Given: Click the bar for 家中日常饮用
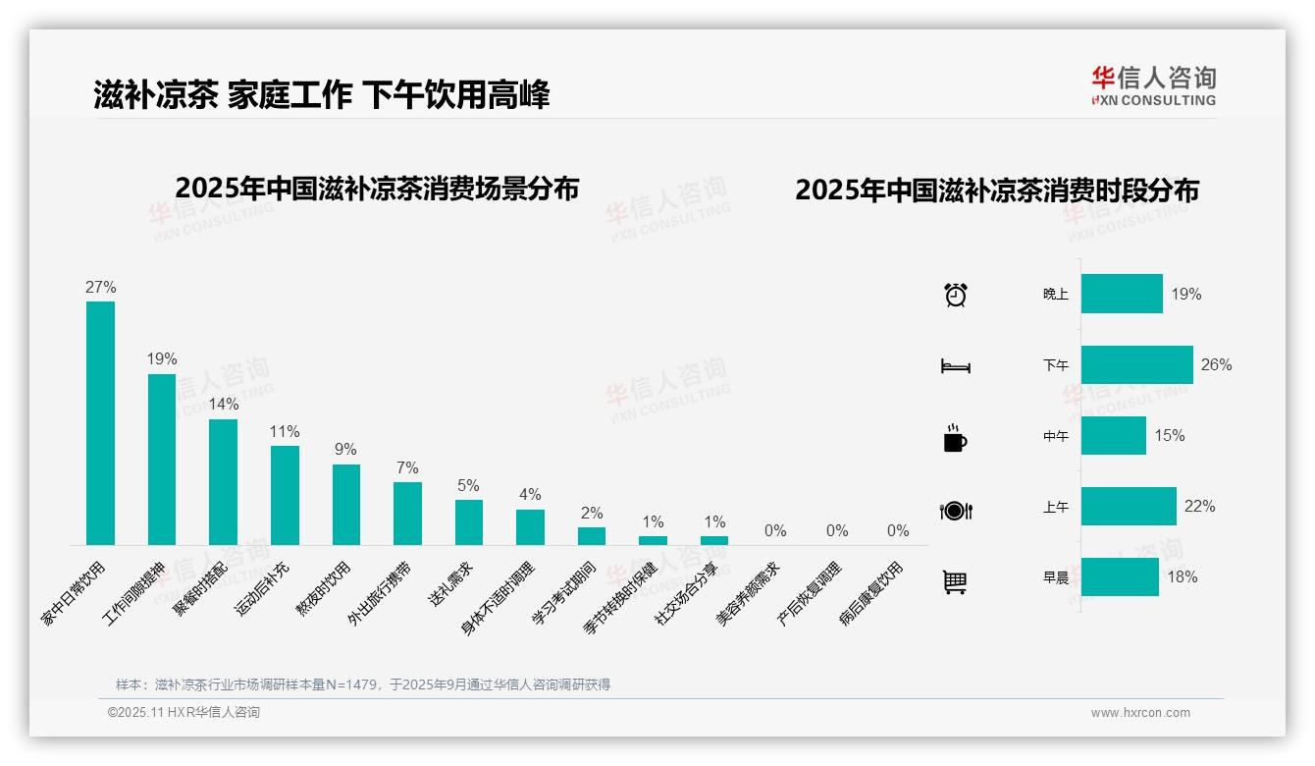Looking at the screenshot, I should click(100, 422).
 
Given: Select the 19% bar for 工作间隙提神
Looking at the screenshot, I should click(162, 459).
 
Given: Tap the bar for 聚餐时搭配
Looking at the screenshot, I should click(223, 481).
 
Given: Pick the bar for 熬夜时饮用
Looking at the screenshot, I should click(345, 504).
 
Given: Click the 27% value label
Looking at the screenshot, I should click(100, 288).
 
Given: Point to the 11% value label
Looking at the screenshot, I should click(285, 432).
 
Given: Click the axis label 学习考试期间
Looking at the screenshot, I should click(564, 596).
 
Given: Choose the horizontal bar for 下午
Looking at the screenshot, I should click(1136, 364).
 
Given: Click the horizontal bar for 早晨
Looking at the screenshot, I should click(1120, 576).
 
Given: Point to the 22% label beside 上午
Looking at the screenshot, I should click(1199, 507).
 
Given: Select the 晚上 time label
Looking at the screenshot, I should click(1055, 294).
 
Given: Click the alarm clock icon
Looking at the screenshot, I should click(955, 295).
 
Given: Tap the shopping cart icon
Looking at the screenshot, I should click(955, 581).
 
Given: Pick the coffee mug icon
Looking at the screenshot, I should click(955, 438).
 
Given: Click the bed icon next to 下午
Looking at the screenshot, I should click(955, 366).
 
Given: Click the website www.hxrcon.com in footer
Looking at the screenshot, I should click(1140, 713).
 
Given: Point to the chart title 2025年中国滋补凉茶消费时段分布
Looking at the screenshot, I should click(997, 191).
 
